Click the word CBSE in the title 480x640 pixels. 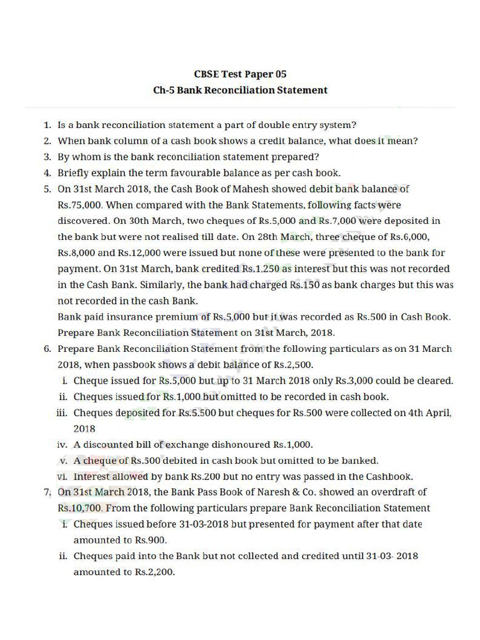pyautogui.click(x=208, y=74)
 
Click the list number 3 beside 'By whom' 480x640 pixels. pyautogui.click(x=47, y=157)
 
